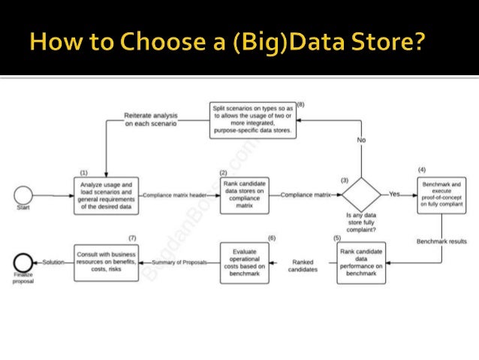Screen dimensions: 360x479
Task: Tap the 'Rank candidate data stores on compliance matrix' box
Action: tap(245, 195)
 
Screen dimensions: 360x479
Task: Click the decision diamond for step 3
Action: tap(362, 195)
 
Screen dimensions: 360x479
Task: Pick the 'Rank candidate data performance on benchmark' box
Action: tap(362, 262)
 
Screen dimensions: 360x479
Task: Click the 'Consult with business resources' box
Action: tap(105, 262)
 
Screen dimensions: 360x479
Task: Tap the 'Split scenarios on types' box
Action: tap(252, 119)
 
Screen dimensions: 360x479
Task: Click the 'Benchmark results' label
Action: tap(441, 241)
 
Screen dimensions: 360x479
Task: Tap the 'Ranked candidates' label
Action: tap(303, 265)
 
